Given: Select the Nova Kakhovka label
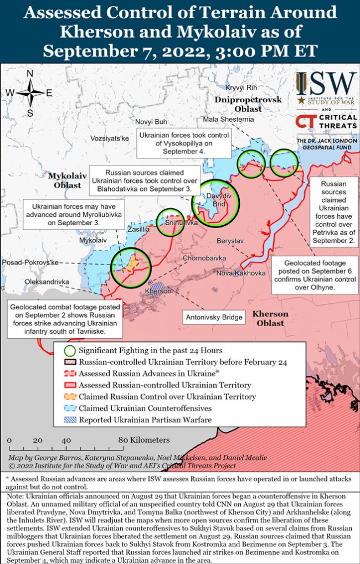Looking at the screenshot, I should (240, 273).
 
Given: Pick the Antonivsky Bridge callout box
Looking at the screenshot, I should (214, 317).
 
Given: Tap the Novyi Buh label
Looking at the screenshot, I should (151, 121).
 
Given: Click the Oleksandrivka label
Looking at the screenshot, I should (48, 282).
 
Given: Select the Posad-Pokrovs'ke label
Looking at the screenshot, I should (30, 262).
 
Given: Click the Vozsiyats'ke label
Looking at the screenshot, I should (110, 137).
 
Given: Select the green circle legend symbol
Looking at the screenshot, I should (70, 350).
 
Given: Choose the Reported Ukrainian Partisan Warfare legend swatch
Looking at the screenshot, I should (70, 420).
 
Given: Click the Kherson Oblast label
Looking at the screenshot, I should (271, 318).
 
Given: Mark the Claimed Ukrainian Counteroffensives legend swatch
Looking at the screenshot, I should (70, 408).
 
